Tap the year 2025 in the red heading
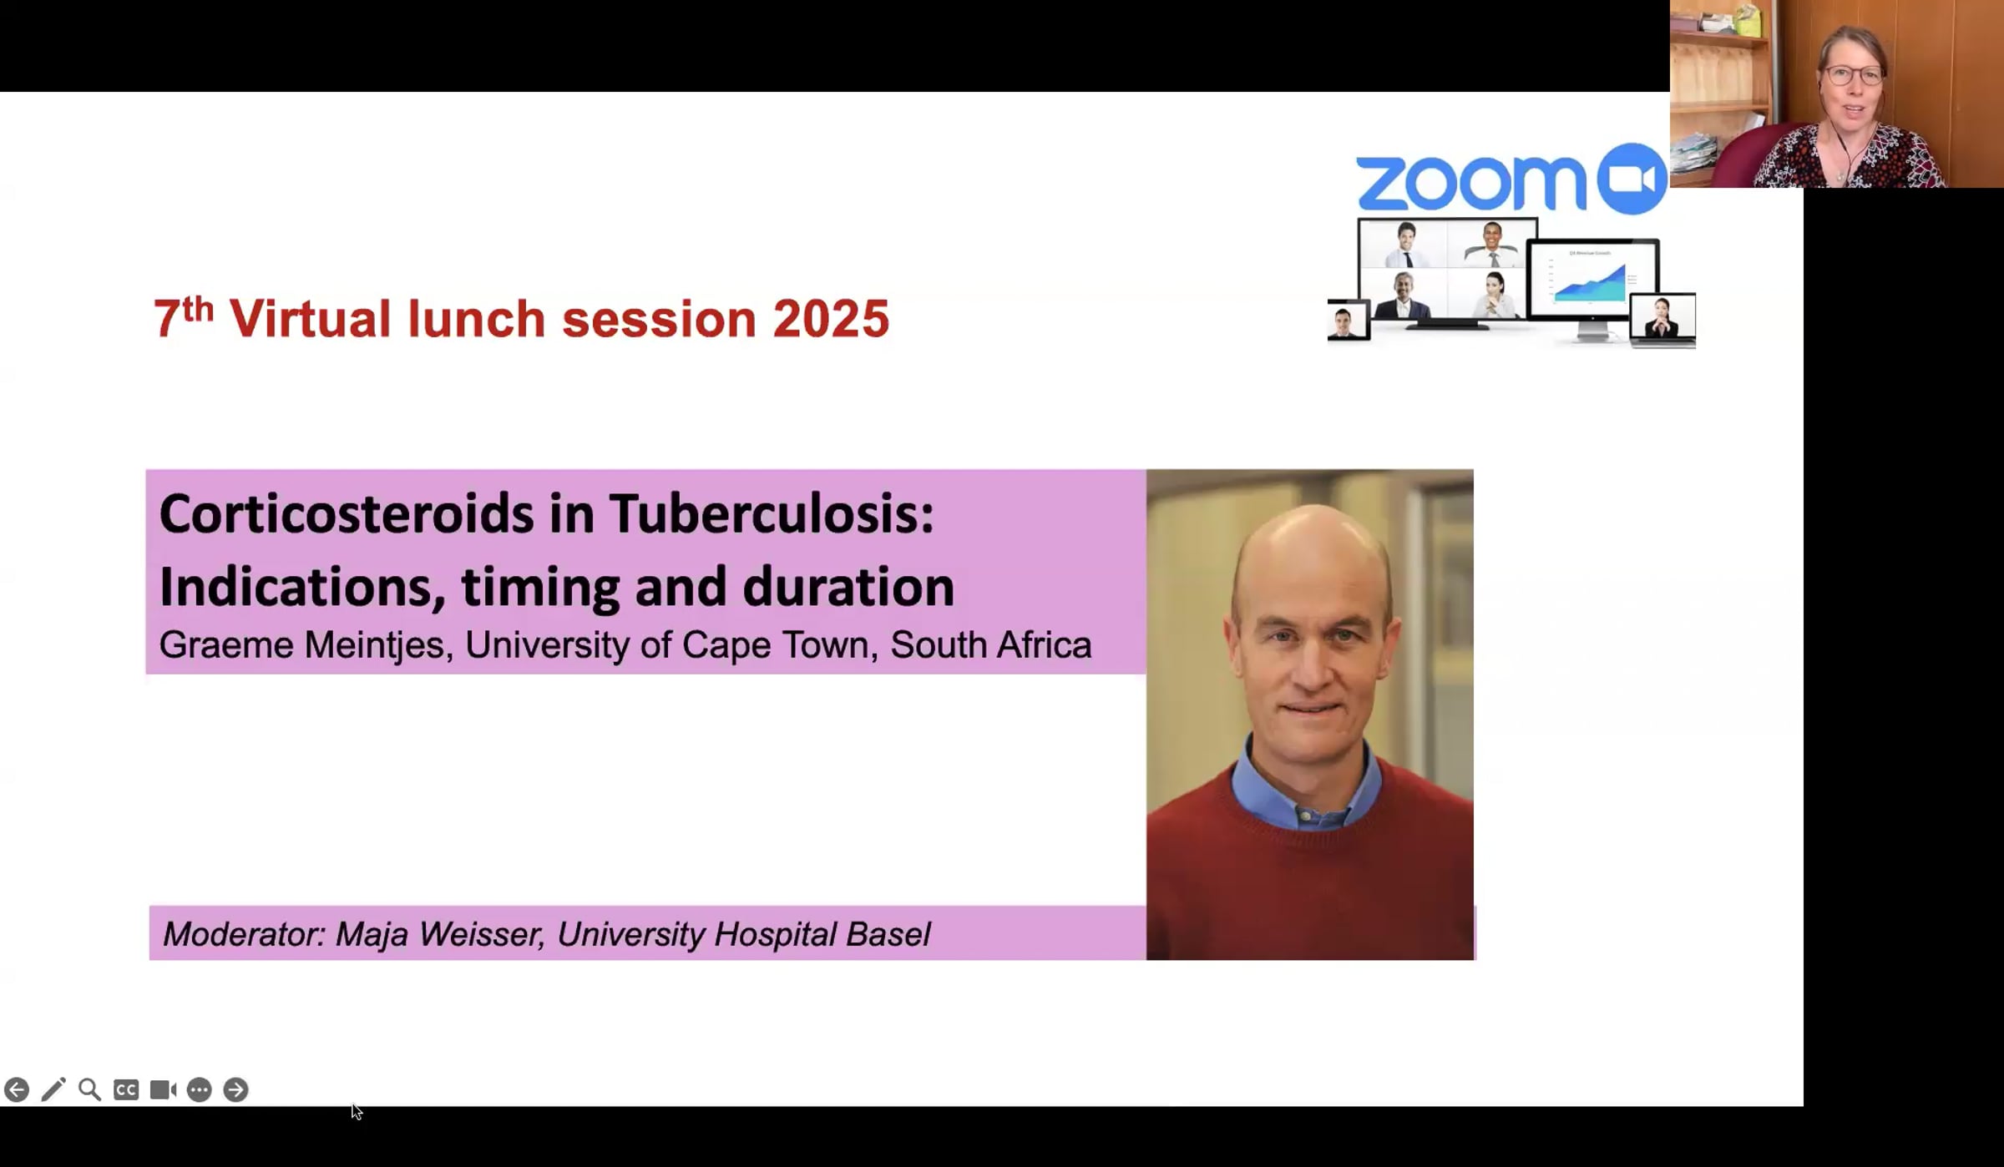(831, 319)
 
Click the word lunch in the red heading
(476, 319)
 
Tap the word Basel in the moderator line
(888, 934)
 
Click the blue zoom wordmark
(1470, 182)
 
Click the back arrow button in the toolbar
(17, 1089)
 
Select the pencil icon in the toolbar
(53, 1089)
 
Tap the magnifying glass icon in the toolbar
(89, 1089)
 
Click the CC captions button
(126, 1089)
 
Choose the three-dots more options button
(200, 1089)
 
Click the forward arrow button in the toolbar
(236, 1089)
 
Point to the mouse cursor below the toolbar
(357, 1112)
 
